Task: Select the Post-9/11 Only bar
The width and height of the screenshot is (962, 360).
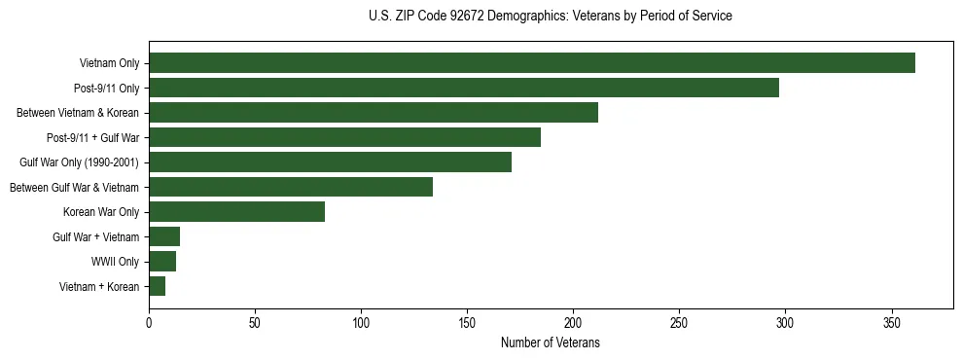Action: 463,88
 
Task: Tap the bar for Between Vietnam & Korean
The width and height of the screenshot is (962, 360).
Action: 373,113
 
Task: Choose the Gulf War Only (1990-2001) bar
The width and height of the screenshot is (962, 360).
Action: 330,162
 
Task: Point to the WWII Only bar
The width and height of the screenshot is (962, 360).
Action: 162,262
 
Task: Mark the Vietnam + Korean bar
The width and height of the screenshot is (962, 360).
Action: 157,286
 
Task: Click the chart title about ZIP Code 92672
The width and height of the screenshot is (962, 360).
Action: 551,17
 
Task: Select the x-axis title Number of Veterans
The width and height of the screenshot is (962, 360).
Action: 551,343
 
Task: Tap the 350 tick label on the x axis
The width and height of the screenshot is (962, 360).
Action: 892,322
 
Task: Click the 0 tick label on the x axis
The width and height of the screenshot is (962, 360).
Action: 149,322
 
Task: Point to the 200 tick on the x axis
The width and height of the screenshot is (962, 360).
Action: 573,322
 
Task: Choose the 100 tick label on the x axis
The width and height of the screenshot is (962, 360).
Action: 361,322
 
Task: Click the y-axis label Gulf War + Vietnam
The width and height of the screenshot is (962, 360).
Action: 96,237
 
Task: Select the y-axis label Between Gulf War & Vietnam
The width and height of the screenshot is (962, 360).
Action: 74,188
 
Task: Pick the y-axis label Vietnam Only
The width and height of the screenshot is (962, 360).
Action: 109,64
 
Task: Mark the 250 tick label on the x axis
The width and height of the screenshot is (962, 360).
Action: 679,322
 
